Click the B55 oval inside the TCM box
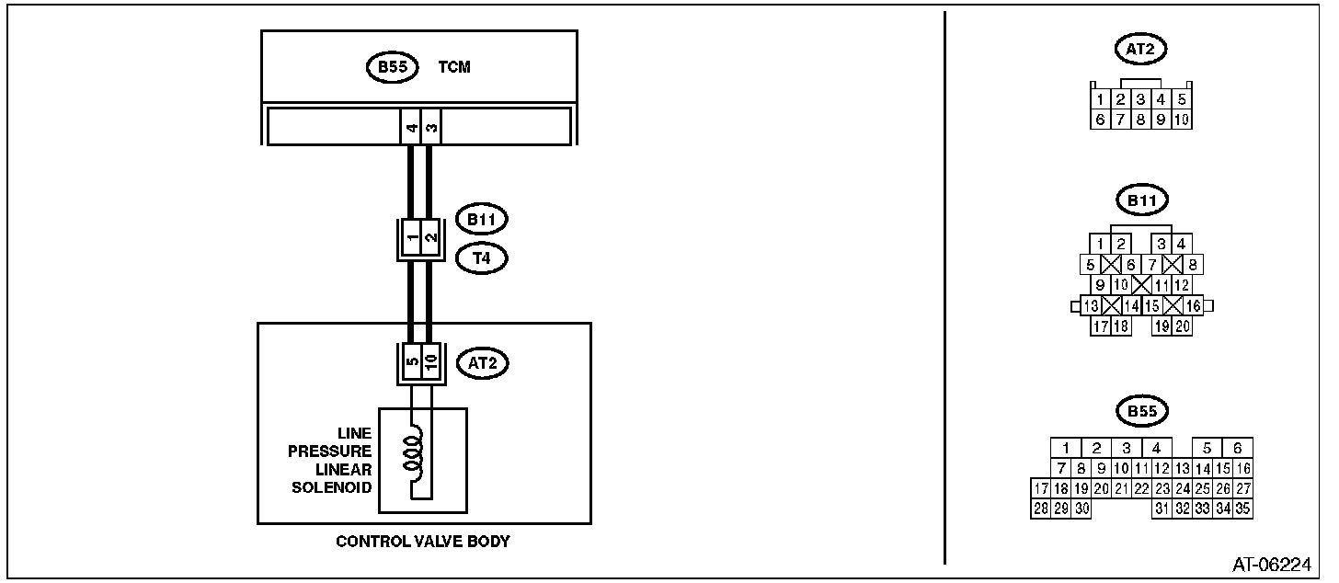click(392, 67)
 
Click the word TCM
click(454, 67)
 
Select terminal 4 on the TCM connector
click(411, 127)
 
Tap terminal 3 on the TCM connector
click(431, 127)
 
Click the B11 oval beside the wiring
click(482, 220)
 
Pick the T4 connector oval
click(482, 258)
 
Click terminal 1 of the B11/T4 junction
click(412, 237)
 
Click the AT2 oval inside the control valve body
click(483, 363)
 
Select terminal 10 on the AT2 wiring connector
click(431, 360)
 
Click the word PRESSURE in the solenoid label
click(329, 452)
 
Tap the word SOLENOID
click(331, 488)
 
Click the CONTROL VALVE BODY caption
click(423, 542)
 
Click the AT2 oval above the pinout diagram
click(1140, 49)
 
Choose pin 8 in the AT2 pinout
click(1140, 120)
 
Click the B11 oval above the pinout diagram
click(1142, 200)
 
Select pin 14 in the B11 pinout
click(1131, 306)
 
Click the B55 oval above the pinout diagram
click(1142, 411)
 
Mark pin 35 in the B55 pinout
click(1242, 509)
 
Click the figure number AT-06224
click(1272, 565)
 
